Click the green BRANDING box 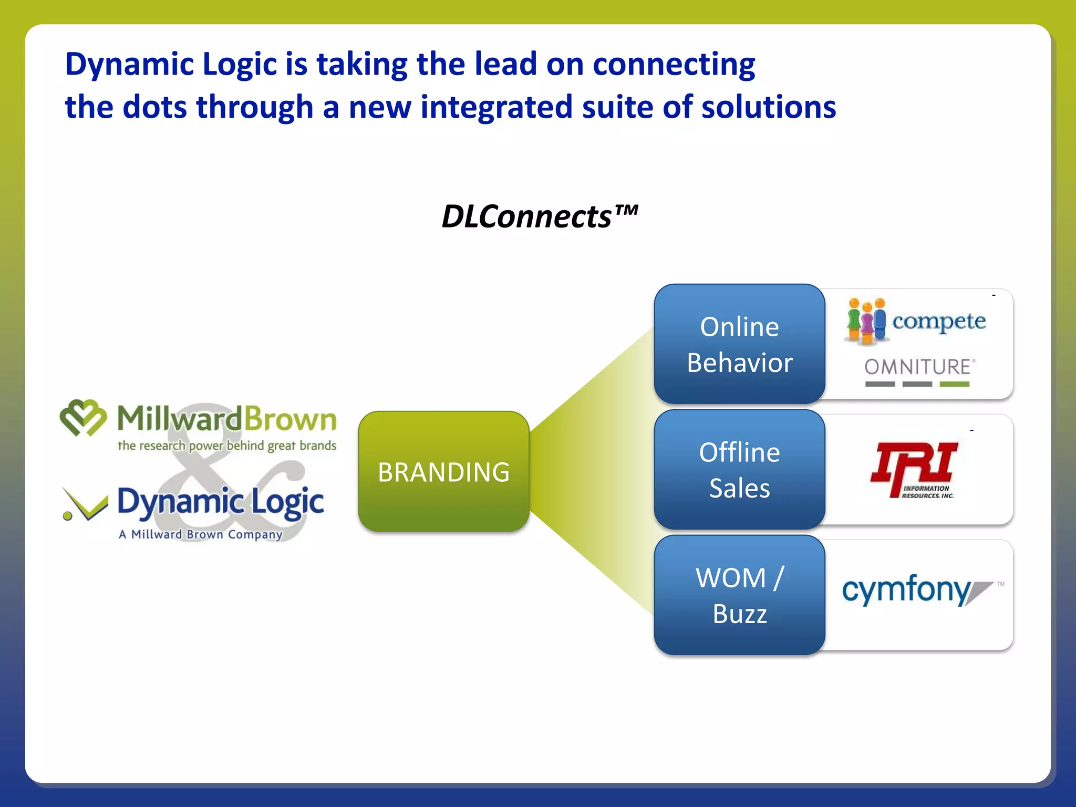coord(443,471)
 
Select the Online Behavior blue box coord(739,344)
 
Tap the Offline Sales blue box coord(739,470)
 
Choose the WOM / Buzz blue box coord(739,595)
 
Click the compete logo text coord(939,321)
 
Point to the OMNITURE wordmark coord(918,367)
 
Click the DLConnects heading coord(539,216)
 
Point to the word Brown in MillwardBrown coord(290,419)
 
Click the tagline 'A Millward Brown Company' coord(200,534)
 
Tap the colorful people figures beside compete coord(866,320)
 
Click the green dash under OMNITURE coord(954,385)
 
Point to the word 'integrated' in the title coord(496,107)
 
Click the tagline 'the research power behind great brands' coord(226,446)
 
